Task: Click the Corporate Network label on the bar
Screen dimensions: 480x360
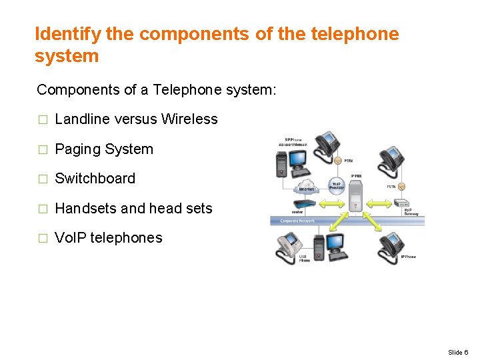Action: [297, 221]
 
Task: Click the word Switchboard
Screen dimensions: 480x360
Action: [95, 179]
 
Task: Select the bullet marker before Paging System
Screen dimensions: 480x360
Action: [43, 149]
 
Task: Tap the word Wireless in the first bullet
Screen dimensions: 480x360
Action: [189, 119]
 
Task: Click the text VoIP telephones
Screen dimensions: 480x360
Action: [108, 238]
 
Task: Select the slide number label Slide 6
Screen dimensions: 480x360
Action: [458, 352]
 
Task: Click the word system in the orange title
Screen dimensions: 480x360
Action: [67, 56]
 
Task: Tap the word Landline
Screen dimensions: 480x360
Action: [82, 119]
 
